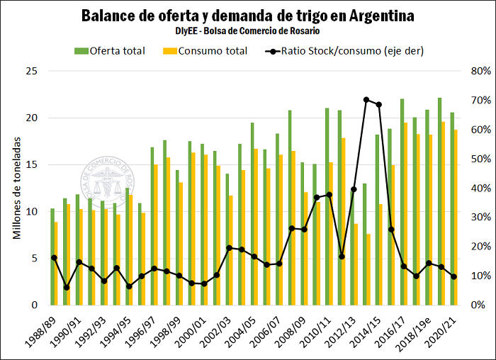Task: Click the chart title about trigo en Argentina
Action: (x=247, y=15)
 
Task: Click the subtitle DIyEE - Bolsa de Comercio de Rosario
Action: (x=247, y=31)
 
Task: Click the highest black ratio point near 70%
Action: (x=366, y=100)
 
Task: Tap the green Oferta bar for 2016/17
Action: (x=402, y=202)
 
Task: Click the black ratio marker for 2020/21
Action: (x=454, y=276)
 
